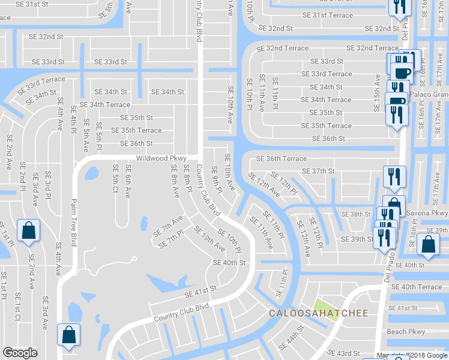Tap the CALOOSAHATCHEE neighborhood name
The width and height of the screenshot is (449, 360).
[x=318, y=313]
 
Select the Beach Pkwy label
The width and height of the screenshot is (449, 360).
[x=406, y=331]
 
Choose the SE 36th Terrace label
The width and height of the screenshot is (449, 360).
[x=282, y=159]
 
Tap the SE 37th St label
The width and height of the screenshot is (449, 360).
[x=318, y=171]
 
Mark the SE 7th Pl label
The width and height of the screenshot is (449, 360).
[x=171, y=239]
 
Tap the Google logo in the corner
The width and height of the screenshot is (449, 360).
[x=20, y=353]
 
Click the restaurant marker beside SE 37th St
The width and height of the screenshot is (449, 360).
[x=394, y=176]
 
